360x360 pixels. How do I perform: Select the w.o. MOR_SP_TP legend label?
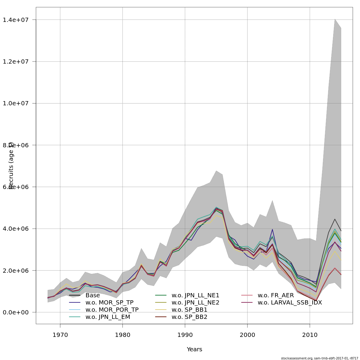tap(109, 302)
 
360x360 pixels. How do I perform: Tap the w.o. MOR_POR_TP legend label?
tap(112, 310)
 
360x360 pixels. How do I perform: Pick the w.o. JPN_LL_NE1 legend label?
tap(195, 295)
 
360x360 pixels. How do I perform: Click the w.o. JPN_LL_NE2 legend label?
tap(195, 302)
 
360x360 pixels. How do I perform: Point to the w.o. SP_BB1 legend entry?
tap(189, 310)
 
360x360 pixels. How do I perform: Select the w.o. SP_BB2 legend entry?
tap(189, 317)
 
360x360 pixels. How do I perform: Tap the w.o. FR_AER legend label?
tap(275, 295)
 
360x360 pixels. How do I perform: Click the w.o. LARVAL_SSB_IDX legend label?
tap(289, 302)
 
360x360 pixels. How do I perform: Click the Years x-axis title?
tap(194, 349)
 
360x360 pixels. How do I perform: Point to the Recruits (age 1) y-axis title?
tap(11, 166)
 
